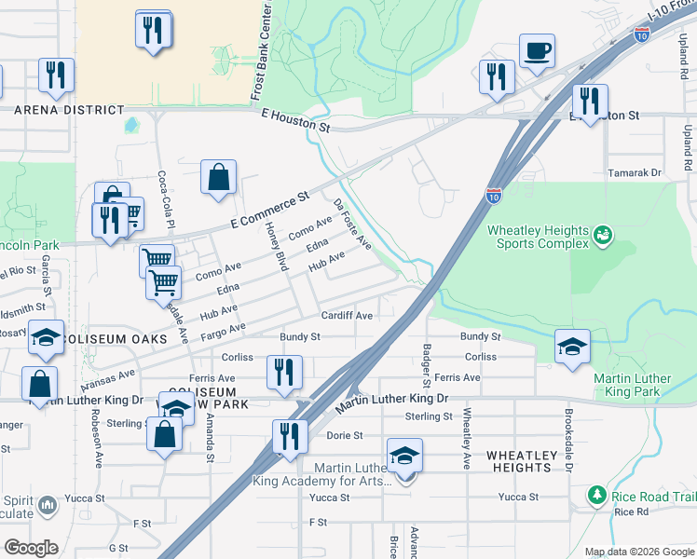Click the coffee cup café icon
538,51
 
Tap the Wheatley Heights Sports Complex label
538,237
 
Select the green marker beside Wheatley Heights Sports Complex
603,233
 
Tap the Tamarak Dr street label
634,173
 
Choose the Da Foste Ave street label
353,224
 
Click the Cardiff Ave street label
348,316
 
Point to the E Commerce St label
269,212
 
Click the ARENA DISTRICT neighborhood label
69,110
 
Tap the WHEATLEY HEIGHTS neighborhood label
519,461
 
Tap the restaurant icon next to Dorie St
290,436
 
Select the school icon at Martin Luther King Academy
404,457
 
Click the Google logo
32,548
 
